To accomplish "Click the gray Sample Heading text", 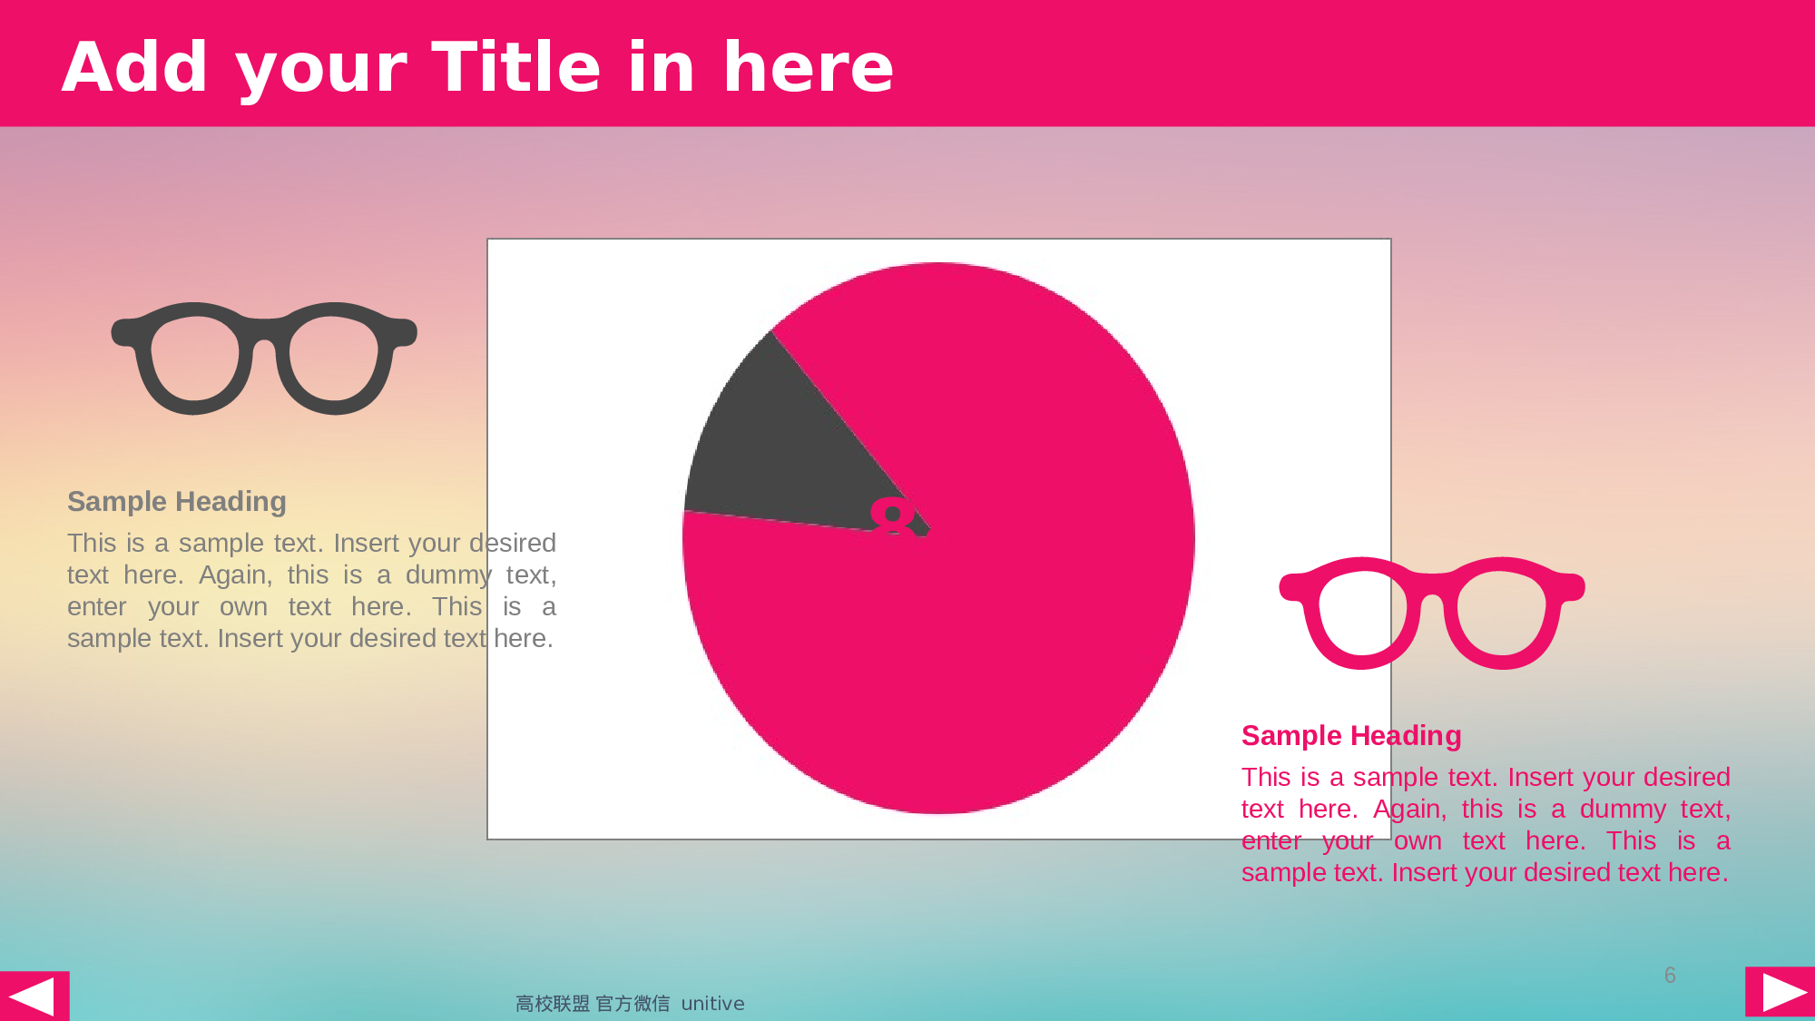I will point(177,502).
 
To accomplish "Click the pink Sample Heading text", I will point(1350,736).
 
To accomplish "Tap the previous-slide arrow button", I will point(34,996).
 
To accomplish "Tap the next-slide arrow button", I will point(1781,991).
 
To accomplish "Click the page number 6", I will point(1670,976).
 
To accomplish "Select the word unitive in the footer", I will point(712,1004).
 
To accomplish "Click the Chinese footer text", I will point(592,1004).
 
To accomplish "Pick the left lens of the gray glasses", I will point(194,358).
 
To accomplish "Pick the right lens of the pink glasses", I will point(1502,614).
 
